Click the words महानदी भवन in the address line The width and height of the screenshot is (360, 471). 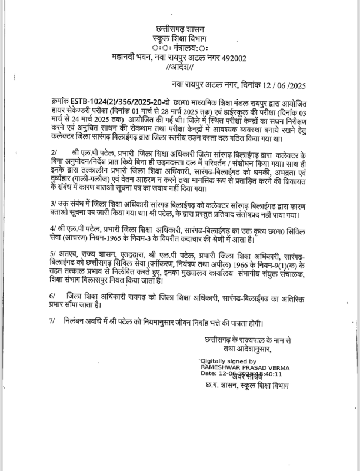(131, 57)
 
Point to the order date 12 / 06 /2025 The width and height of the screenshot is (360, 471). (286, 85)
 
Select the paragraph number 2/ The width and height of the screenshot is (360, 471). (54, 151)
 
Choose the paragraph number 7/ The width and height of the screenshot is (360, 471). (54, 323)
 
